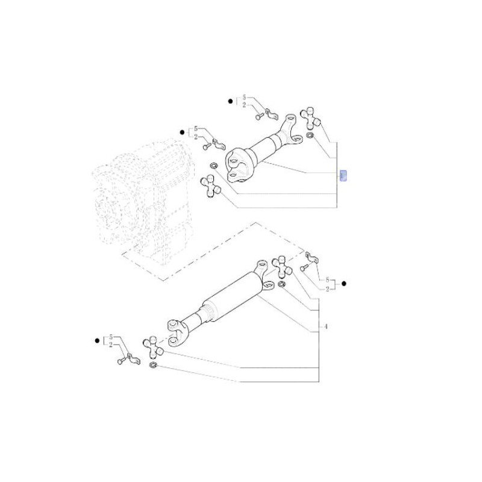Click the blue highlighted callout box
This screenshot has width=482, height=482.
tap(343, 175)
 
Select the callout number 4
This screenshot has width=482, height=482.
tap(325, 327)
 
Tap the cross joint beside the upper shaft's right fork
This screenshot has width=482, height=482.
tap(312, 117)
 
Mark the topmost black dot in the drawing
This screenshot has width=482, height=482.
tap(230, 102)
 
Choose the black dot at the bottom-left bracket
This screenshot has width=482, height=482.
tap(98, 340)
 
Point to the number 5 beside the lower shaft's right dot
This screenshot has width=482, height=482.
tap(327, 280)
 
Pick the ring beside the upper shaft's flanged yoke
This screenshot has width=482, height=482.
tap(213, 166)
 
